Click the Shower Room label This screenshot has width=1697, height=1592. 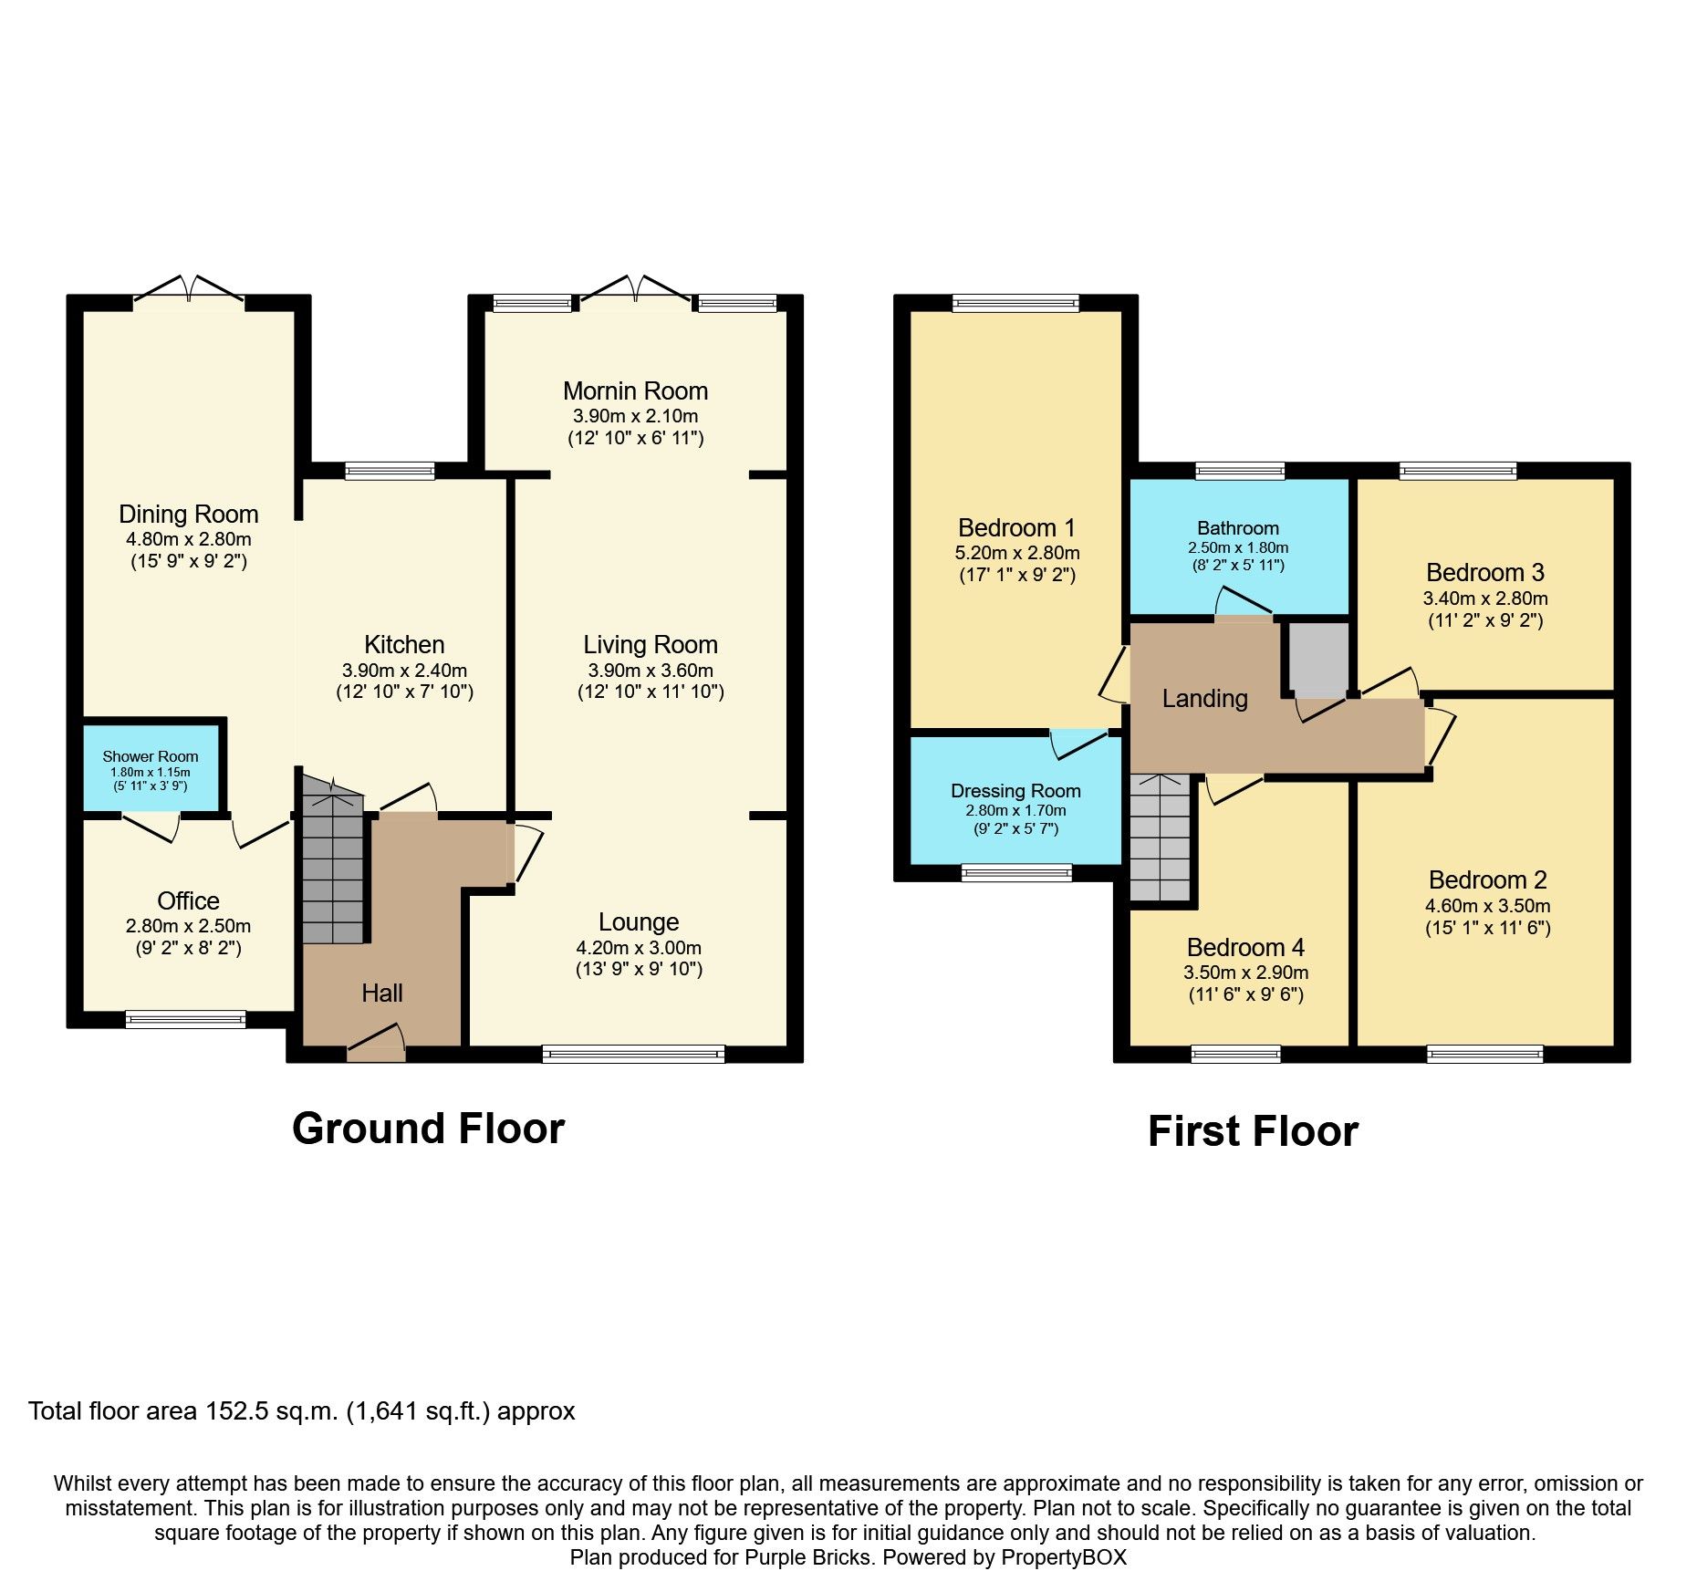pos(151,756)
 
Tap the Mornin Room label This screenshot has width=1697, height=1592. pos(635,391)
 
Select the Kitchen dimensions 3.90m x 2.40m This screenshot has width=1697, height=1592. pos(404,670)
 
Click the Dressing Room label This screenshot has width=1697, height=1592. pos(1015,791)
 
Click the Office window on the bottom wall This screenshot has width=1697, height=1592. pos(185,1019)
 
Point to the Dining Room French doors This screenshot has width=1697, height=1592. pos(190,290)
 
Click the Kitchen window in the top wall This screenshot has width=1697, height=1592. pos(390,472)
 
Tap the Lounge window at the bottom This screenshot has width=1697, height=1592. pos(633,1055)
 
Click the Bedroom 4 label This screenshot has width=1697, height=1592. pos(1245,947)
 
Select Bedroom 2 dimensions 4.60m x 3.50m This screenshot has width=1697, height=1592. pos(1487,906)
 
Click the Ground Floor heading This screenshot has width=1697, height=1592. pos(428,1129)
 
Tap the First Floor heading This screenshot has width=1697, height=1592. pos(1253,1131)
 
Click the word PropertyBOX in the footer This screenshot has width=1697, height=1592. pos(1064,1557)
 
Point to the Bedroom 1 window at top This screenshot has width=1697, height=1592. pos(1015,303)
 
